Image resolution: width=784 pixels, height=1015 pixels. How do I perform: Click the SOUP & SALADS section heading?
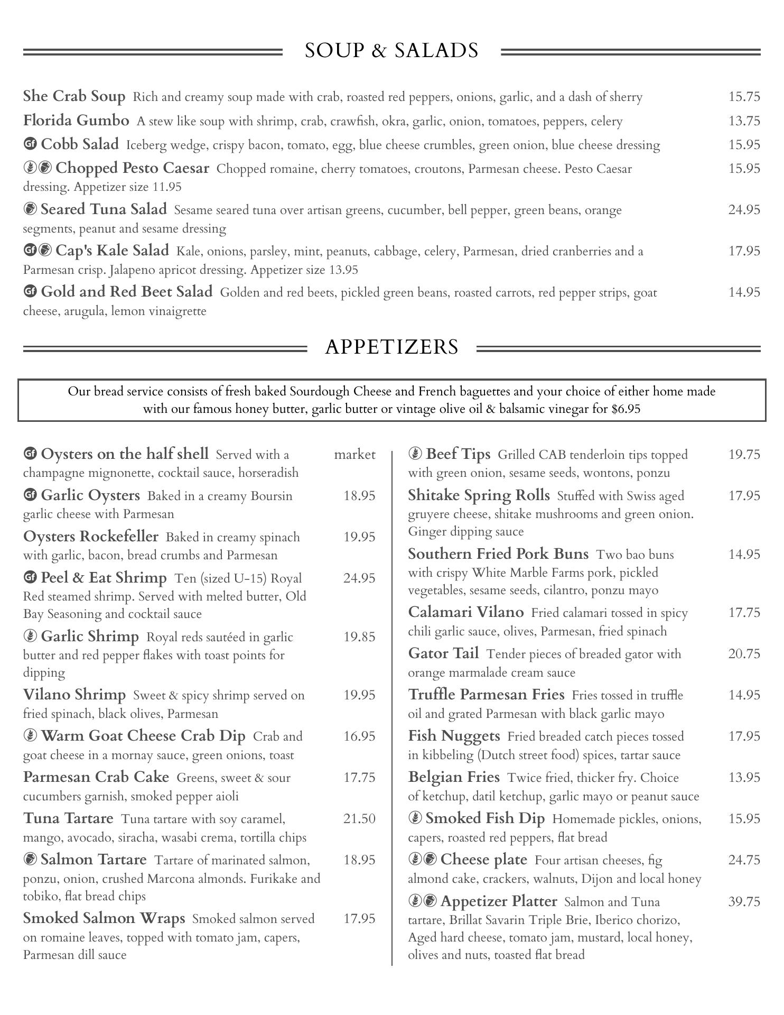point(391,51)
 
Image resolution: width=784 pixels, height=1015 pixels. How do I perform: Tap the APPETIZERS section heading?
point(391,347)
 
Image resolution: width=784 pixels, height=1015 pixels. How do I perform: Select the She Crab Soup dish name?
point(74,96)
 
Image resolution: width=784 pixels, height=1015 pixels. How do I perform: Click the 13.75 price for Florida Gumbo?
point(744,121)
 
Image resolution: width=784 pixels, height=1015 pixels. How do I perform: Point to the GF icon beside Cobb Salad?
point(30,144)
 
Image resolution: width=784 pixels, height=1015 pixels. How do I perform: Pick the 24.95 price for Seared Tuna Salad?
point(744,210)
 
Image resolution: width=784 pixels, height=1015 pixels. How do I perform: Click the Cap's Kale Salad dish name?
point(112,250)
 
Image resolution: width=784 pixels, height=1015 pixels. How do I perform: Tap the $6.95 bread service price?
point(626,409)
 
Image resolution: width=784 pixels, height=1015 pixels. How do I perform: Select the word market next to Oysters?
point(354,455)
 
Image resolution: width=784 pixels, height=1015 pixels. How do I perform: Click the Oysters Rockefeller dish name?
point(90,537)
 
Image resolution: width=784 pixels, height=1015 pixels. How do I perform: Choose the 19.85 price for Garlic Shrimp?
point(359,637)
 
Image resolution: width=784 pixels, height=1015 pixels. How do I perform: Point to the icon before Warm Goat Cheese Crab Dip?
point(30,736)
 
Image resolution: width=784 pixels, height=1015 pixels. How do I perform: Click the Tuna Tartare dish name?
point(68,818)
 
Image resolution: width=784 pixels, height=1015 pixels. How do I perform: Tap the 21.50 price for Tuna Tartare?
point(359,819)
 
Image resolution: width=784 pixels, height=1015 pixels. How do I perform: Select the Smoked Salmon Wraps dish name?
point(104,918)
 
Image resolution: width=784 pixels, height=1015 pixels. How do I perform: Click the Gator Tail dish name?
point(443,653)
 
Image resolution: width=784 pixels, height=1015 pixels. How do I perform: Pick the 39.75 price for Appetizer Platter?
point(744,901)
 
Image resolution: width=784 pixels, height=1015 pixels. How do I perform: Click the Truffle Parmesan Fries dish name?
point(486,695)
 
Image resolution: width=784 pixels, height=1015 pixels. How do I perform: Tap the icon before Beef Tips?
point(415,454)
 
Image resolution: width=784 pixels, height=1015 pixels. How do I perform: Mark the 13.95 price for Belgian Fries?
point(744,778)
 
